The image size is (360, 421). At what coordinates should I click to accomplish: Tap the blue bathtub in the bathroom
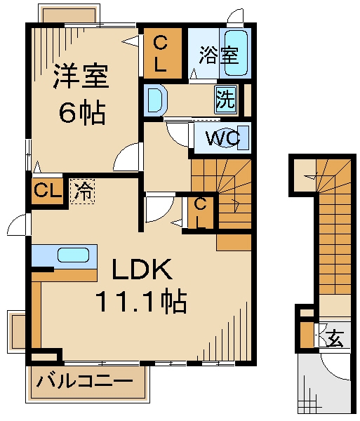(x=234, y=53)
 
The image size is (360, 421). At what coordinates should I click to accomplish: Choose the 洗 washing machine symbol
(x=225, y=99)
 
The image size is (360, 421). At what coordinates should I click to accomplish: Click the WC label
(x=223, y=138)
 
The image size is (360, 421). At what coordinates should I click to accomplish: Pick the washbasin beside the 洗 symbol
(x=154, y=99)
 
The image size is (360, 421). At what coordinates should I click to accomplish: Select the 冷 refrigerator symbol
(x=84, y=191)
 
